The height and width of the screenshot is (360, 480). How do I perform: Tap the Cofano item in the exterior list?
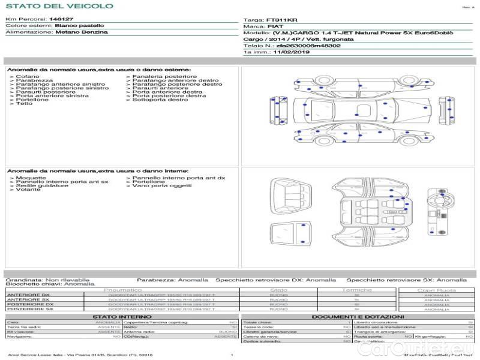(x=28, y=77)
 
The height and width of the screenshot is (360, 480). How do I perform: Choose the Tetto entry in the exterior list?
(x=25, y=104)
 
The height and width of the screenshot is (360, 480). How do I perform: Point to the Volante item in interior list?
(x=28, y=190)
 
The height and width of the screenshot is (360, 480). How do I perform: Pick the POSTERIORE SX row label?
(x=29, y=309)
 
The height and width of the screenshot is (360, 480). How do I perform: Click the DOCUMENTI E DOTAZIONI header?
(x=358, y=316)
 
